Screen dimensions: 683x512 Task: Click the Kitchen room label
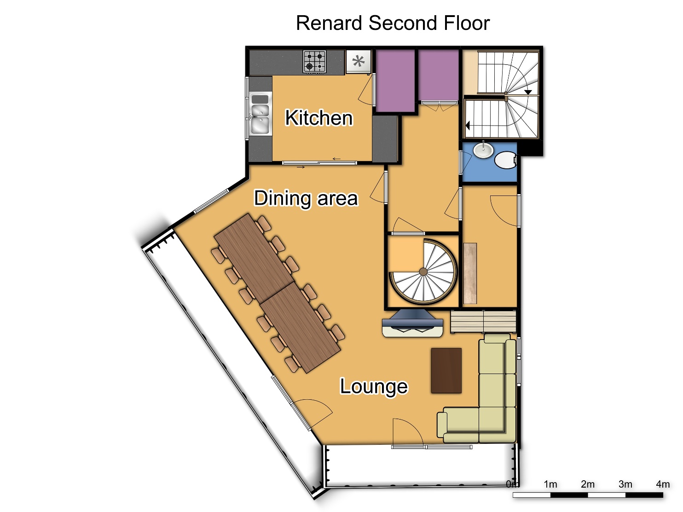(319, 118)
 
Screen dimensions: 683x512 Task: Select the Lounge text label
(373, 386)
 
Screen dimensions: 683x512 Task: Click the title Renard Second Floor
(393, 23)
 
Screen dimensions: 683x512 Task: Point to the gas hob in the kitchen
(315, 62)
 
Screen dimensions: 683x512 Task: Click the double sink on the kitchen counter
(260, 114)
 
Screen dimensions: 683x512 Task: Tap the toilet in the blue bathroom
(506, 160)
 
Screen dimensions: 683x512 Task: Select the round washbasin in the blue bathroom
(483, 150)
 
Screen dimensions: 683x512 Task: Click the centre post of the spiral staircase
(423, 272)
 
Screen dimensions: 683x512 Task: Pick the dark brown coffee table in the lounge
(446, 371)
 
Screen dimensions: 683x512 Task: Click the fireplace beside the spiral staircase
(412, 323)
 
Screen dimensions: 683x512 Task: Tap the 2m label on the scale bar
(587, 484)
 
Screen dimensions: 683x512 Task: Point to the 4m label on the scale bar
(663, 484)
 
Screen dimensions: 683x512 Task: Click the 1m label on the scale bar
(550, 484)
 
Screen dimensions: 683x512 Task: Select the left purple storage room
(395, 81)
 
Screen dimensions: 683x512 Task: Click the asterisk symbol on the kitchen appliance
(359, 61)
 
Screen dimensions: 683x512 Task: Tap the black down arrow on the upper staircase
(528, 92)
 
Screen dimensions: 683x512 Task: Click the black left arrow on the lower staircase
(468, 125)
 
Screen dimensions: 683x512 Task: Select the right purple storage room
(439, 75)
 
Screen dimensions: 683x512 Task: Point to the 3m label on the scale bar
(625, 484)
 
